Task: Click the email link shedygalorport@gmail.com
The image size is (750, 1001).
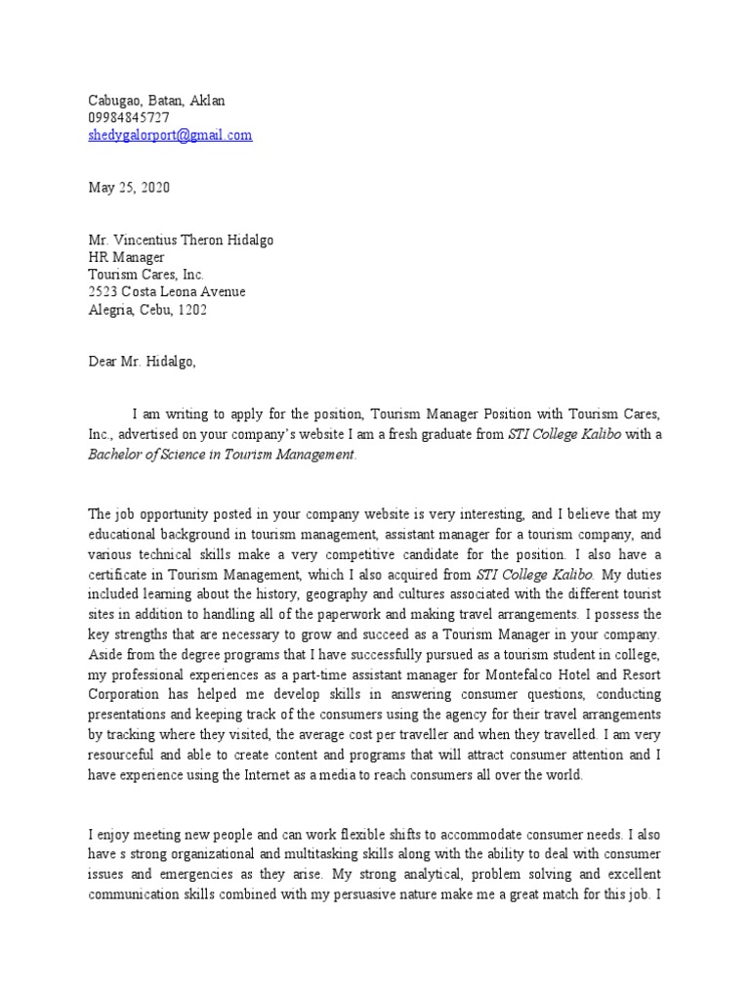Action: pos(170,136)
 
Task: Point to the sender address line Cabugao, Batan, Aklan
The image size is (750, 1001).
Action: pos(156,100)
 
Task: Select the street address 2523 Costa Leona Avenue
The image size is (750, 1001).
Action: pos(167,292)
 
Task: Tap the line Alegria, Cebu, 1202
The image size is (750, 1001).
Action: pos(147,310)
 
